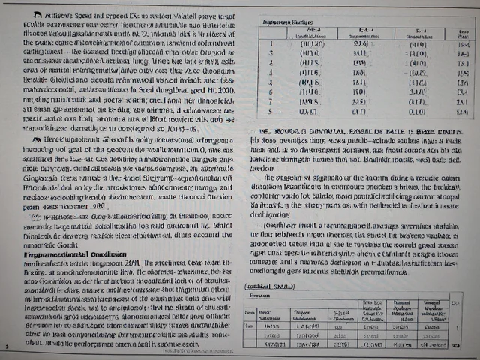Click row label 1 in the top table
[x=270, y=43]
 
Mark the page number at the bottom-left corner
[x=6, y=346]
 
